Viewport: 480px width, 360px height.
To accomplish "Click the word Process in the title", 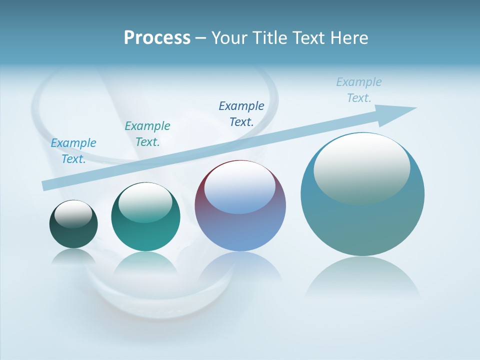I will (157, 37).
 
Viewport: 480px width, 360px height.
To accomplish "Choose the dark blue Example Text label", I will (241, 113).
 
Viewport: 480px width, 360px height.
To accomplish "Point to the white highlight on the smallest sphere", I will (73, 213).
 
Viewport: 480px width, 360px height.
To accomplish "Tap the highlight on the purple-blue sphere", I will (239, 187).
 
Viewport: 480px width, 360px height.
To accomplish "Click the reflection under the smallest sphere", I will (73, 257).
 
